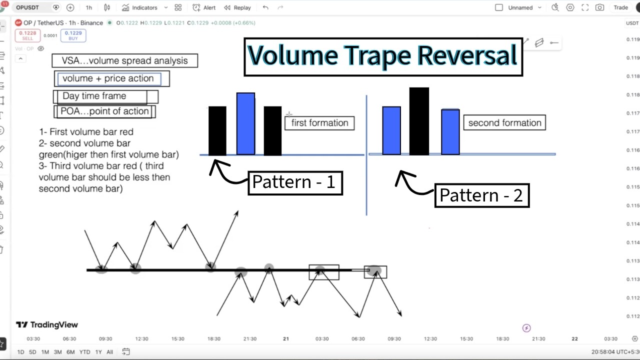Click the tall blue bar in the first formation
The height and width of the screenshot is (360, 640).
point(245,123)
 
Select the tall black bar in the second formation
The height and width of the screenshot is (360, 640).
point(419,121)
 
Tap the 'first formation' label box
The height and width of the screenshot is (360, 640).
point(319,123)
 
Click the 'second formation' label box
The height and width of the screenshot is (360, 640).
point(504,123)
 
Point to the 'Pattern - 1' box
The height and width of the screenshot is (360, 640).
point(295,183)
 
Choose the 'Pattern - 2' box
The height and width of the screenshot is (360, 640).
point(482,195)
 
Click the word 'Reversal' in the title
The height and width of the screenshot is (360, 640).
point(467,55)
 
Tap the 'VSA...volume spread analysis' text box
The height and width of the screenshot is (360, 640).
point(125,60)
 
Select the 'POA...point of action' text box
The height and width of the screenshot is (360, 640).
point(104,111)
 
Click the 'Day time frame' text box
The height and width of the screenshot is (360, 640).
point(105,96)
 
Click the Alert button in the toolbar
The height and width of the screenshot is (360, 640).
point(204,7)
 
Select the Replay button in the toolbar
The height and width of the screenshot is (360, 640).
point(237,7)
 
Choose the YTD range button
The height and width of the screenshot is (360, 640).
point(84,352)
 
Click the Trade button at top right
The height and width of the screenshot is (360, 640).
point(620,7)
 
